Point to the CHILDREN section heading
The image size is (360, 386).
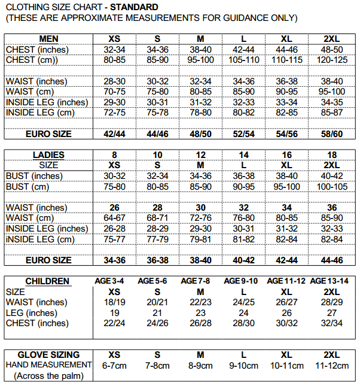(47, 281)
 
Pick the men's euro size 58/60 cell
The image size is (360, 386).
(332, 135)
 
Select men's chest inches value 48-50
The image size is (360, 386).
(332, 50)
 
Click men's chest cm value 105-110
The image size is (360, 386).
(243, 60)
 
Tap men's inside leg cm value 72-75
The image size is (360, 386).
(114, 113)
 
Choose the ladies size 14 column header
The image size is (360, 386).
(243, 155)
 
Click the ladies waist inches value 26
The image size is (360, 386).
(114, 208)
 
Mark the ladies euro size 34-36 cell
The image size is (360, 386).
(114, 260)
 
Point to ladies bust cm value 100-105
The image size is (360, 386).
(332, 187)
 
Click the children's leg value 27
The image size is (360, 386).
(332, 313)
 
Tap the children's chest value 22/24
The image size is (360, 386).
(114, 323)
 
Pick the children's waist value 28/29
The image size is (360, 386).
(332, 302)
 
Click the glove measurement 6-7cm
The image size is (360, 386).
(114, 365)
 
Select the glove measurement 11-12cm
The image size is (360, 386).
(332, 365)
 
